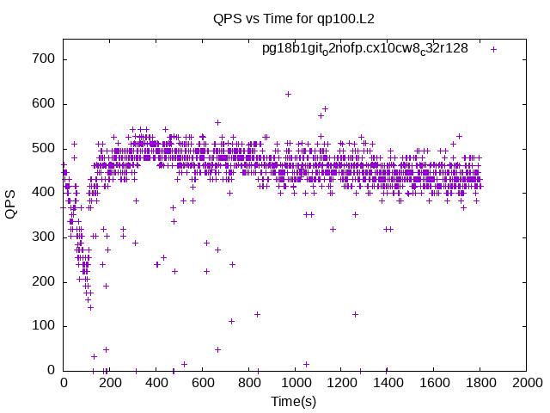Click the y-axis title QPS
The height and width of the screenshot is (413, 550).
(10, 205)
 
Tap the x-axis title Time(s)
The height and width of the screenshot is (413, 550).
(294, 401)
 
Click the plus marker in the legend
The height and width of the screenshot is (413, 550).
(493, 50)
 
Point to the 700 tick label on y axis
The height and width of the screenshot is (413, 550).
(44, 59)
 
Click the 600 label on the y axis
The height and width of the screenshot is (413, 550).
(44, 103)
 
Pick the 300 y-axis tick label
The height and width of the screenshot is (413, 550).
(44, 237)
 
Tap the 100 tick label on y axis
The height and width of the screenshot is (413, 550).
(44, 325)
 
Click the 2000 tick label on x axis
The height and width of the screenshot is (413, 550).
(527, 382)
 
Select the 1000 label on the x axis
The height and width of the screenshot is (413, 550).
(296, 382)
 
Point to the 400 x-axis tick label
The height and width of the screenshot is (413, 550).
(156, 382)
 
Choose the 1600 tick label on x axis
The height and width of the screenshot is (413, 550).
(434, 382)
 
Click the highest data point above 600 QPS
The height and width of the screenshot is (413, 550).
(289, 94)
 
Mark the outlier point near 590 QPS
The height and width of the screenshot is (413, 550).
(325, 109)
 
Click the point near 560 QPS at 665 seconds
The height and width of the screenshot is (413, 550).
(217, 122)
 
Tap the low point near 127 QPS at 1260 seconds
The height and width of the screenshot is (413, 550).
(355, 314)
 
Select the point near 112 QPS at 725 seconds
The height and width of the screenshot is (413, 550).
(231, 321)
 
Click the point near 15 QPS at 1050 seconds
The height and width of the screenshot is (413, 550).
(306, 364)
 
